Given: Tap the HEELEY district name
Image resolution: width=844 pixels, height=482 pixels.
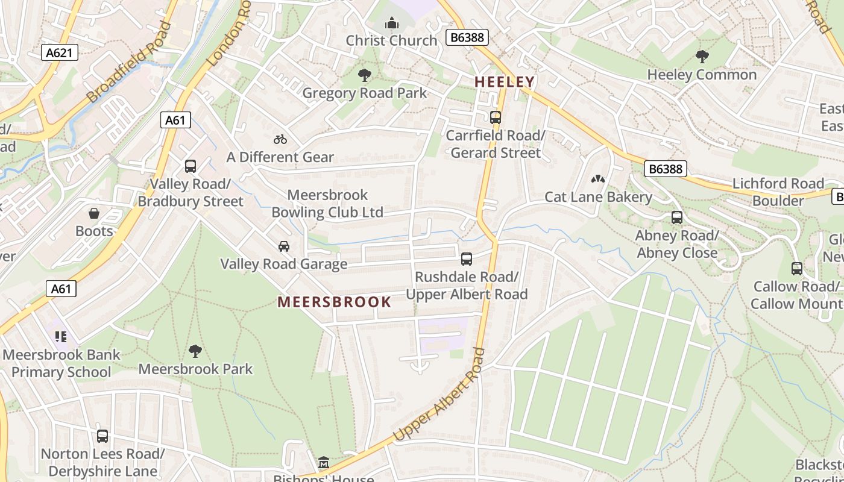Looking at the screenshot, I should pos(505,82).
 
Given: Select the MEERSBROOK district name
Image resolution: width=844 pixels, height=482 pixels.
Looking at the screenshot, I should pos(335,302).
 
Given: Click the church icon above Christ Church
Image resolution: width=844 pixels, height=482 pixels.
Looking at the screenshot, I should pos(392,24).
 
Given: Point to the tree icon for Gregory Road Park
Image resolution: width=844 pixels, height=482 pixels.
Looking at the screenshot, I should pos(364,75).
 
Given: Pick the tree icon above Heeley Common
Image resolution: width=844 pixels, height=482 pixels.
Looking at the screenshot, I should pos(702,57).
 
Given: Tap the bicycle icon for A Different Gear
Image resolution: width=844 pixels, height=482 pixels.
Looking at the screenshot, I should pos(280,139).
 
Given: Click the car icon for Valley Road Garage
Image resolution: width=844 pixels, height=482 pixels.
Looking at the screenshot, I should pos(283,246).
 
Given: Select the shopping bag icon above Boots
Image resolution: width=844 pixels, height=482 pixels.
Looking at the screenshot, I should pos(94,213).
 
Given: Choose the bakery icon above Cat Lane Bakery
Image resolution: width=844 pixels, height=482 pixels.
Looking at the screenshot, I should pos(598,179).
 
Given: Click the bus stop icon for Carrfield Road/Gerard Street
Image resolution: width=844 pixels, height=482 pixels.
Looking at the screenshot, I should pos(496,117).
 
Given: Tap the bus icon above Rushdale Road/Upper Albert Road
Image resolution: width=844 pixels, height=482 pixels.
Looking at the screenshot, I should pos(467,259).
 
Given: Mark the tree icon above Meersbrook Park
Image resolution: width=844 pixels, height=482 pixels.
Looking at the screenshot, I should pos(195,351).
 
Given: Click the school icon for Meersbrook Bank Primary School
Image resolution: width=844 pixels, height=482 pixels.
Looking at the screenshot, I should pos(60,337).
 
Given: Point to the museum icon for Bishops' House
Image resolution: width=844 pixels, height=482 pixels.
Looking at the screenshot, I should pos(324,463).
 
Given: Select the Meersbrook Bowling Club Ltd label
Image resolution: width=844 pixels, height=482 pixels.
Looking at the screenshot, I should pos(327,204).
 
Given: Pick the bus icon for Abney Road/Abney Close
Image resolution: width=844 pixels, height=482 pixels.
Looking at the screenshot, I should pos(677,218).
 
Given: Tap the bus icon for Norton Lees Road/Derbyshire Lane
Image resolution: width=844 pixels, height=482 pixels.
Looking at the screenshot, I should pos(102,436).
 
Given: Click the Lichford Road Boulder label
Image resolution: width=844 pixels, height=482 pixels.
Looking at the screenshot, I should pos(778,192).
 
